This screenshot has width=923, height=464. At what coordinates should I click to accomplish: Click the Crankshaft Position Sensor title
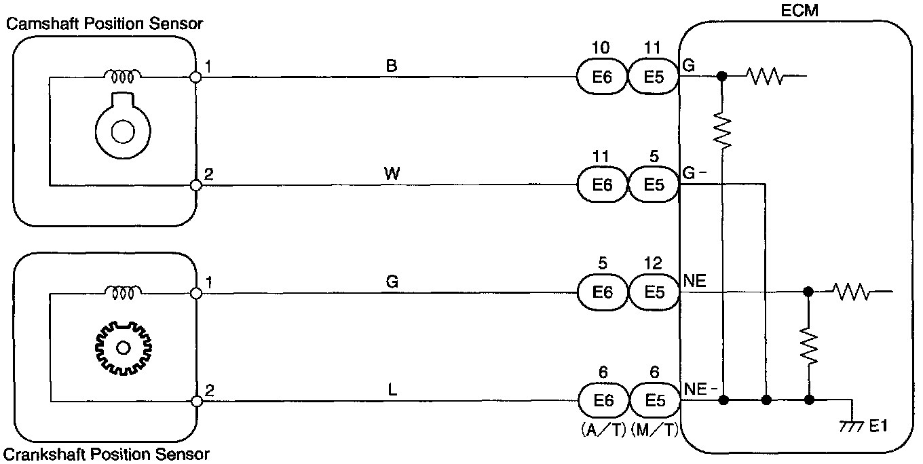[x=107, y=453]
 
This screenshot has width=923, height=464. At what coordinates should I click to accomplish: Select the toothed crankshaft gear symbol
[x=123, y=348]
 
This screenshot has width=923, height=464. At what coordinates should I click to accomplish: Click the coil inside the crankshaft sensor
[x=123, y=292]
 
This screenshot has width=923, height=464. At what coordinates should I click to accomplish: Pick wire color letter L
[x=392, y=390]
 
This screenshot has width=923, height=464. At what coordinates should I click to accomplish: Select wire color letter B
[x=392, y=66]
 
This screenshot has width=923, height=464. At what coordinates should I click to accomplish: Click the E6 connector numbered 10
[x=601, y=77]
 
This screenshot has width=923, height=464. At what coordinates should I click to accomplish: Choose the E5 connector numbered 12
[x=654, y=292]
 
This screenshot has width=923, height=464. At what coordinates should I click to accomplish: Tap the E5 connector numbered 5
[x=654, y=185]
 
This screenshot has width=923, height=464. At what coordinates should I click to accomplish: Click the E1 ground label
[x=879, y=426]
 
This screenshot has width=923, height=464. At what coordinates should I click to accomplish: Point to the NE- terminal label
[x=698, y=389]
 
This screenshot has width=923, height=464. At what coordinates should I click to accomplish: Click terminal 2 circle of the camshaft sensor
[x=196, y=185]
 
